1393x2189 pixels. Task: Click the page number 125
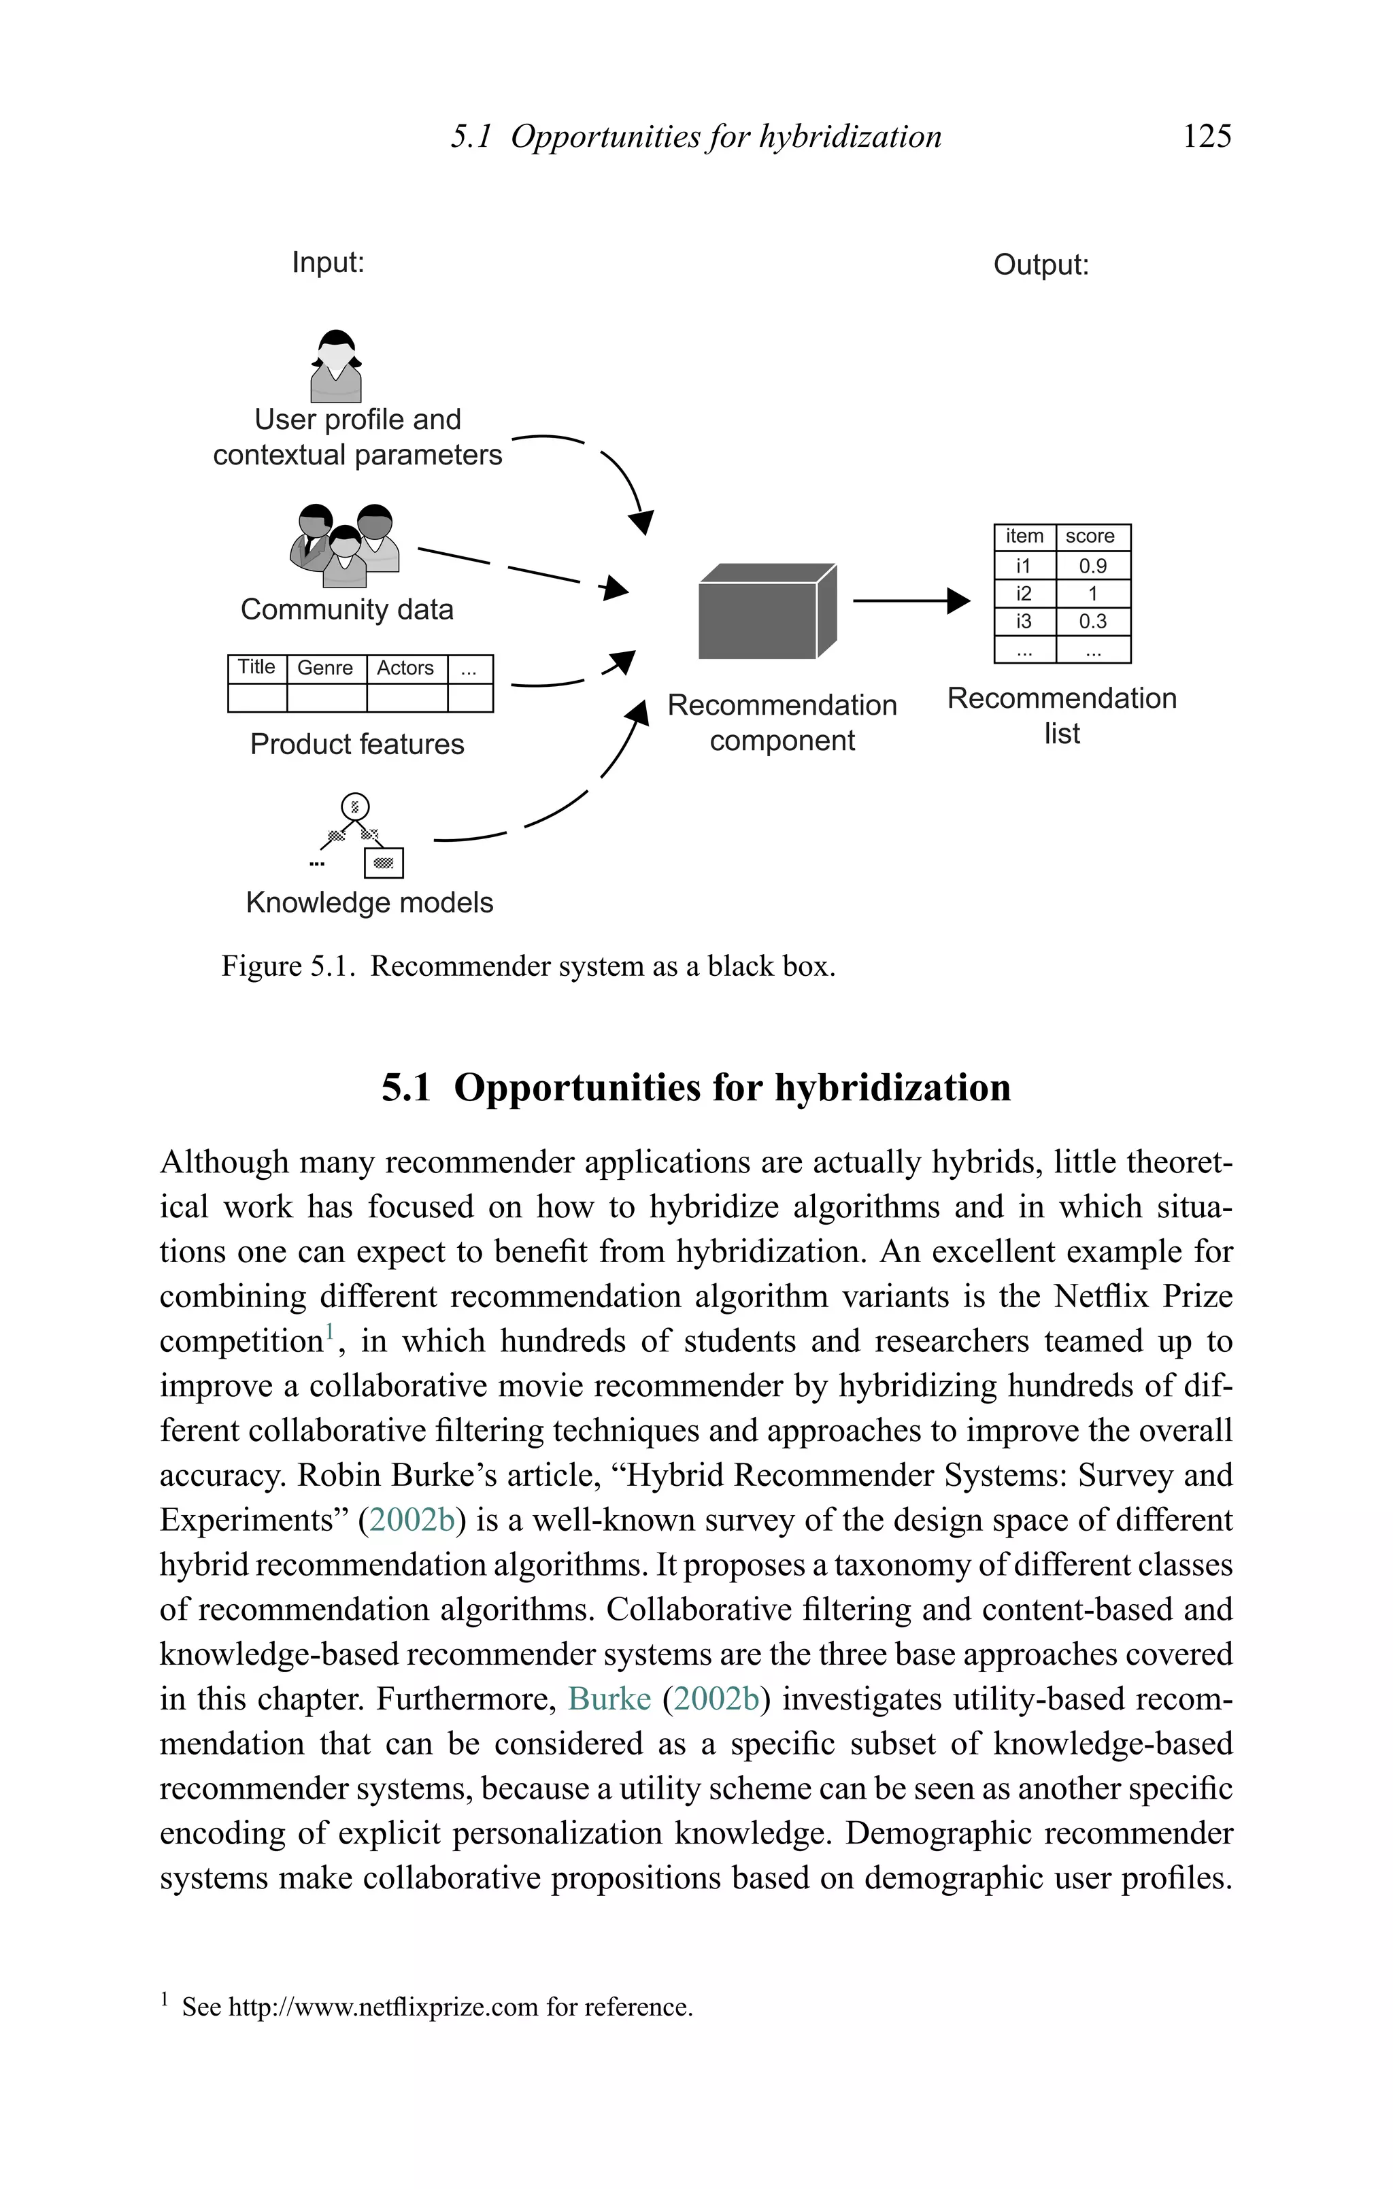click(x=1207, y=137)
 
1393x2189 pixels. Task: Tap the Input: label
click(x=327, y=262)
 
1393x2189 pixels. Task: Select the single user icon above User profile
click(x=337, y=367)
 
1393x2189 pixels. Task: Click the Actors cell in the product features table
click(x=405, y=668)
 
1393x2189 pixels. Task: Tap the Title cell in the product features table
click(x=256, y=667)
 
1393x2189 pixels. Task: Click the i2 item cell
click(x=1024, y=594)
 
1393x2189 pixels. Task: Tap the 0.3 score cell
click(x=1092, y=622)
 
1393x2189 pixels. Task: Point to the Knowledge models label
click(x=369, y=902)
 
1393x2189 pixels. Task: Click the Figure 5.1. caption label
click(x=287, y=966)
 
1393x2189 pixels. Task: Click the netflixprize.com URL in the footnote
click(x=383, y=2007)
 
